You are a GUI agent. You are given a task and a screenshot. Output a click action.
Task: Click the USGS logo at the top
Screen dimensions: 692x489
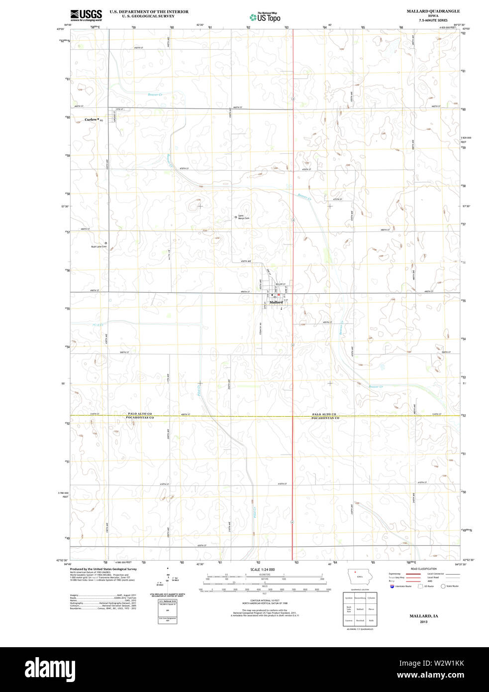86,15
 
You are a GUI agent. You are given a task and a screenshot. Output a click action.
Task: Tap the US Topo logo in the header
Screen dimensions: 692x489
265,17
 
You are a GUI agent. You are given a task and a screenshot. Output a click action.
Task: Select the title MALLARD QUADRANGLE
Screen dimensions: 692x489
433,11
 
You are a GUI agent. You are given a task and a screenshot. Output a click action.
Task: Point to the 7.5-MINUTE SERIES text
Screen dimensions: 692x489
433,20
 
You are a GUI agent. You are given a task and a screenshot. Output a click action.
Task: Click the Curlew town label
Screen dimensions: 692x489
91,119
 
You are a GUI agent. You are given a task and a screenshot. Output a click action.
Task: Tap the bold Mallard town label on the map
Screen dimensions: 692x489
276,302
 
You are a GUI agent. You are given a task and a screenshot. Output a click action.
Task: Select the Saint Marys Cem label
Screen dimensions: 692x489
243,217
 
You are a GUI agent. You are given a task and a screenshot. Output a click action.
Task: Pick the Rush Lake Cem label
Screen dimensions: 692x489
98,246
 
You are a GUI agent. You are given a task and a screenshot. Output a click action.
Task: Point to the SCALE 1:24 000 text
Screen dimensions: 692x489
262,570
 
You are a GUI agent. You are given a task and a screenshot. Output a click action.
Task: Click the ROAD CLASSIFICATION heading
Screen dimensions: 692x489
424,569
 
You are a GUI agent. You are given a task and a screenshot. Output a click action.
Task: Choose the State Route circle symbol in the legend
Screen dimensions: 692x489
443,586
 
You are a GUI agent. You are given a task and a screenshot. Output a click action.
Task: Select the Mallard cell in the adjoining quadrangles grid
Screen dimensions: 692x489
360,609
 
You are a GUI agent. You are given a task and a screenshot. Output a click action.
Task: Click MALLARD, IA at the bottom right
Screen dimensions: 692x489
423,616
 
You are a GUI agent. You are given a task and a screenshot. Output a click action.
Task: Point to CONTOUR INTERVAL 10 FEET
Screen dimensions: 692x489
264,601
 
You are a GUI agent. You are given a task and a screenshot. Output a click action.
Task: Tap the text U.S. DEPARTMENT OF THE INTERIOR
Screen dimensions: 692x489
149,11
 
